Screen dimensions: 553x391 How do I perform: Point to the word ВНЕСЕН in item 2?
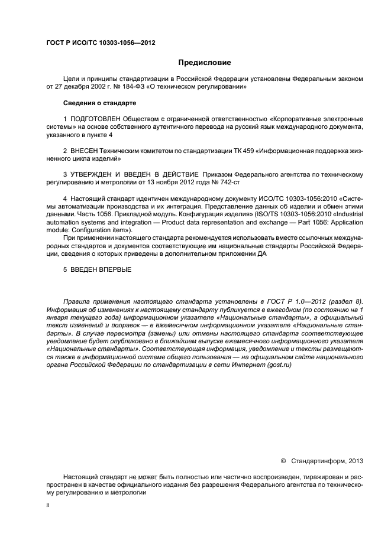tap(86, 151)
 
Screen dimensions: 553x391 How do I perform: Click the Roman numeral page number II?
tap(48, 505)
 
